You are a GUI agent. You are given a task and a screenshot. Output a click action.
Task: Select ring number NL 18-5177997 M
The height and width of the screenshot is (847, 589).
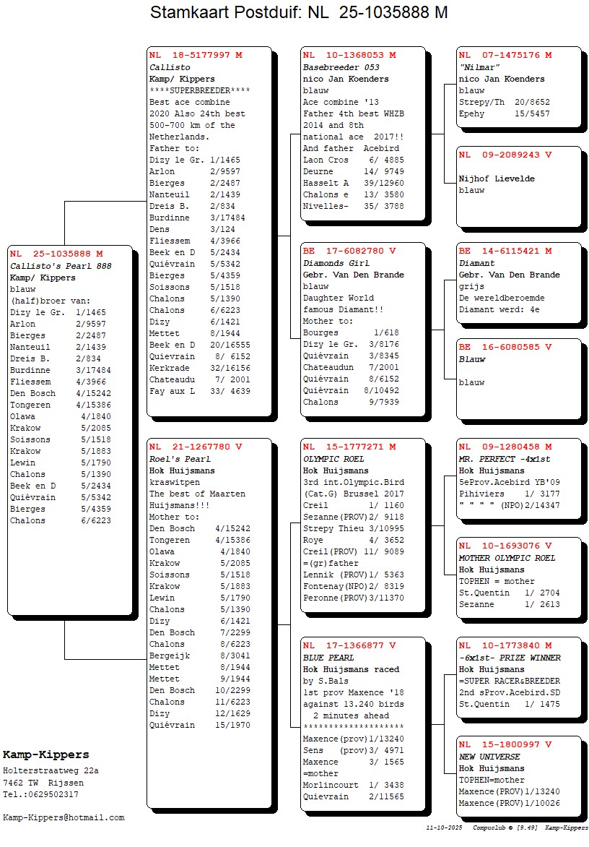coord(196,55)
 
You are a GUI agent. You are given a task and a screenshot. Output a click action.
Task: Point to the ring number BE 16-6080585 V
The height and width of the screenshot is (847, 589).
coord(505,348)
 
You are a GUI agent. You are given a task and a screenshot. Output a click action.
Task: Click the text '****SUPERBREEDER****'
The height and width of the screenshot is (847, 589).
coord(199,90)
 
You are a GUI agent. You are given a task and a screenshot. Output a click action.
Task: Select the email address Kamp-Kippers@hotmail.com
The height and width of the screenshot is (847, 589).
coord(64,817)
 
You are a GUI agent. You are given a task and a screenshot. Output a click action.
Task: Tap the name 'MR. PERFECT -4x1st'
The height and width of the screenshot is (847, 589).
coord(504,459)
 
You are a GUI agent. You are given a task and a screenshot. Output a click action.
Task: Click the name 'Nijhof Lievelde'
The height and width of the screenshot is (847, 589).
coord(497,179)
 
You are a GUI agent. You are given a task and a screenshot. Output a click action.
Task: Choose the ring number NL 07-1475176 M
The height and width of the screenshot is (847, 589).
coord(505,55)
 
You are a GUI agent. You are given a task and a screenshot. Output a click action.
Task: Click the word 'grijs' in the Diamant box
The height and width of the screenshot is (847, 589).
coord(471,286)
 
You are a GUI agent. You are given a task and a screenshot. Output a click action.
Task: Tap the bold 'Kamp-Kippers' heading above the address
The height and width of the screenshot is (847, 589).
coord(46,755)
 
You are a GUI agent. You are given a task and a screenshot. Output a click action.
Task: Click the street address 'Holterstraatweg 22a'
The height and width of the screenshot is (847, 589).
coord(51,771)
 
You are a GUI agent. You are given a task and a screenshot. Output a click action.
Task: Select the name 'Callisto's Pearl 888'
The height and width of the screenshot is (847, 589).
coord(61,266)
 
